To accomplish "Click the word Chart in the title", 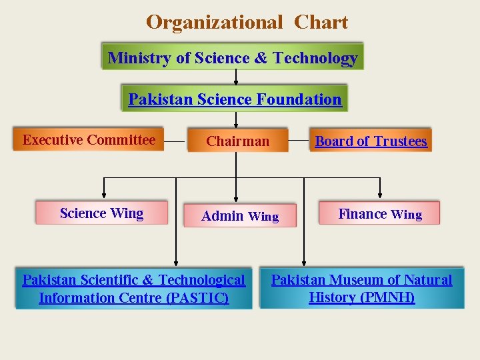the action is tap(321, 23).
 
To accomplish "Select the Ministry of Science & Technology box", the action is tap(233, 58).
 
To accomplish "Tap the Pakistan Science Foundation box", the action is tap(235, 99).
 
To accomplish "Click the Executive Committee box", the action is tap(89, 140).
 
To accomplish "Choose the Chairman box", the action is tap(237, 141).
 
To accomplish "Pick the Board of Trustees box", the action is tap(371, 141).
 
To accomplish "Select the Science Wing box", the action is tap(101, 213).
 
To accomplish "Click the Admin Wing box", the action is tap(240, 216).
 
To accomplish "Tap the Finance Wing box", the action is tap(380, 214).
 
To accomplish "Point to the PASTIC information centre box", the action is tap(134, 289).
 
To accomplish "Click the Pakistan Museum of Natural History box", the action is tap(361, 289).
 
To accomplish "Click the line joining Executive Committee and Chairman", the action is tap(175, 141).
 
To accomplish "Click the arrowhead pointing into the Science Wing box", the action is tap(103, 197).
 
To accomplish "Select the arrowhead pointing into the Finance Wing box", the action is tap(380, 197).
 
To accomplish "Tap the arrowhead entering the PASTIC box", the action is tap(176, 263).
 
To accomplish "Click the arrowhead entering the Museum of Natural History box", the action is tap(304, 263).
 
